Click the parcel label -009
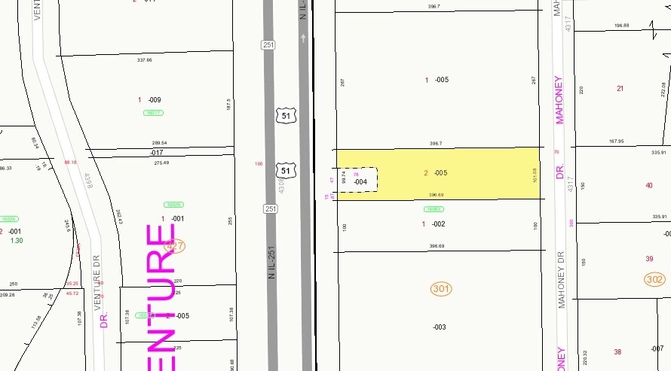tap(154, 100)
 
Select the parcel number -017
tap(157, 153)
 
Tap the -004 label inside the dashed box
tap(360, 182)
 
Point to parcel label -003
tap(439, 327)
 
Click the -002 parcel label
tap(439, 224)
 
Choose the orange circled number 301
tap(441, 288)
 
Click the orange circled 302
tap(654, 279)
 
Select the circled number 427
tap(175, 245)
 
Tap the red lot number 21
tap(620, 89)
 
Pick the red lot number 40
tap(649, 185)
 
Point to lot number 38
tap(617, 352)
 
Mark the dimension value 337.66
tap(145, 60)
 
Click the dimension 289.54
tap(159, 143)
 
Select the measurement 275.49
tap(161, 163)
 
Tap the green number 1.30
tap(17, 241)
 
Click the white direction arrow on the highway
tap(304, 38)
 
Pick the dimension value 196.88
tap(621, 26)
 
